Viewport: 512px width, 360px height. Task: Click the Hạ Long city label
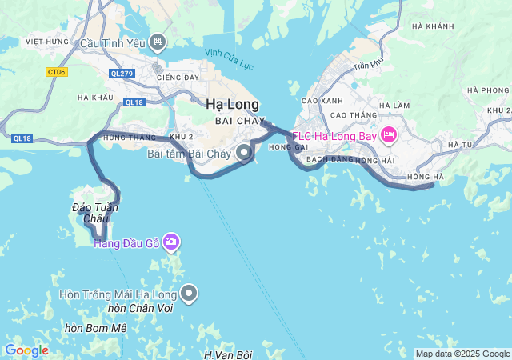tap(232, 104)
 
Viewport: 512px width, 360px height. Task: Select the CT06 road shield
tap(56, 72)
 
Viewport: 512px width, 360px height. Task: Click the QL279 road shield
tap(122, 72)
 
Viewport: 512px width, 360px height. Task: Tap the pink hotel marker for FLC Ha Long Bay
tap(389, 134)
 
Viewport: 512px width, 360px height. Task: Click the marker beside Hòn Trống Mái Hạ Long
tap(190, 293)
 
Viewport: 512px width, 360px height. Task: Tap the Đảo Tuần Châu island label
tap(95, 213)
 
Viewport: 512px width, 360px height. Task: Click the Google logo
tap(26, 350)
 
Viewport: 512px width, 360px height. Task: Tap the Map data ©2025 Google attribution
tap(462, 354)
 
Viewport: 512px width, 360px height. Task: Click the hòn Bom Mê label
tap(96, 328)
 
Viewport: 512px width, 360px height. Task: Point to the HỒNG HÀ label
tap(425, 176)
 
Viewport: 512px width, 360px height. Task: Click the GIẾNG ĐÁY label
tap(178, 78)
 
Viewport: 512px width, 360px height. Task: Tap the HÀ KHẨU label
tap(96, 98)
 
